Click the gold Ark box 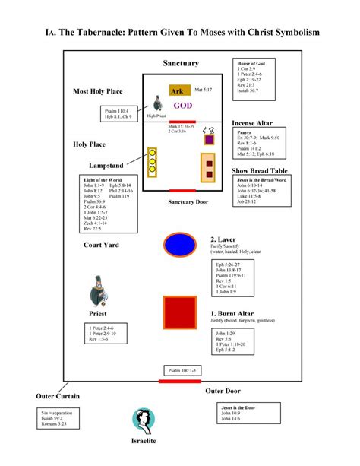[x=178, y=90]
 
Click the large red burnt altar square [x=181, y=313]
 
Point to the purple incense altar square [x=209, y=138]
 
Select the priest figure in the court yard [x=99, y=290]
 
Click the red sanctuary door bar [x=182, y=190]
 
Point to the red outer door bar [x=181, y=380]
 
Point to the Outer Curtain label [x=58, y=397]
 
